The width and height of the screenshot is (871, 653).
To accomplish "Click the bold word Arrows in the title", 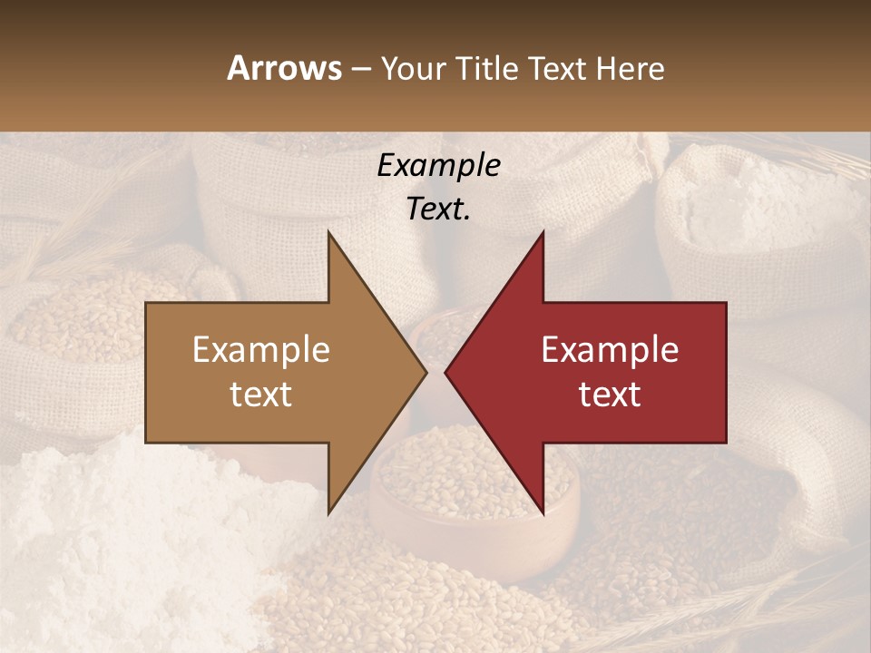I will [284, 68].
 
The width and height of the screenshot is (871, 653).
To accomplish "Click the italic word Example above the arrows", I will [438, 166].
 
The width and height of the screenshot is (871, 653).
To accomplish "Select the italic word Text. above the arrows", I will [438, 210].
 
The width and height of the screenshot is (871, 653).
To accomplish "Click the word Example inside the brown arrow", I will [260, 350].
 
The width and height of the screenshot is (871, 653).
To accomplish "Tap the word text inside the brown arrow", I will [260, 395].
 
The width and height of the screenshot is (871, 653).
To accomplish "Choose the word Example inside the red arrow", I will [610, 350].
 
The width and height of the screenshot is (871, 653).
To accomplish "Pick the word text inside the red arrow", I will [610, 395].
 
